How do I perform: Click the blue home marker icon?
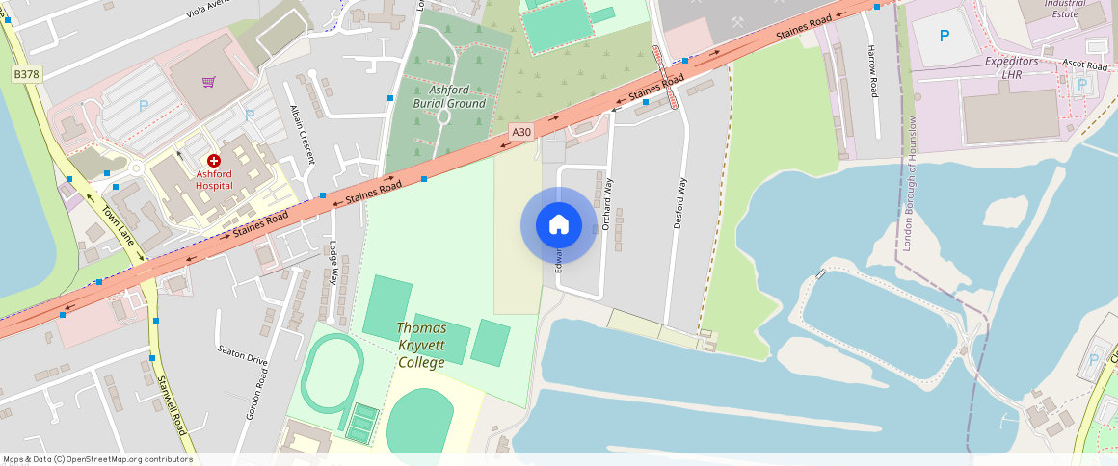pos(558,225)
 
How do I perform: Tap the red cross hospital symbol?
pos(213,161)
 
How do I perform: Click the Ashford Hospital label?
pos(214,180)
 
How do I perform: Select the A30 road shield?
pos(521,132)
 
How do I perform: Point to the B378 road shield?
pos(27,74)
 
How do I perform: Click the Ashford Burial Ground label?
pos(449,96)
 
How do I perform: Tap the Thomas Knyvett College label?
pos(421,346)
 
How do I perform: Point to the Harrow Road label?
pos(873,70)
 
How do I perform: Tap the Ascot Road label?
pos(1084,65)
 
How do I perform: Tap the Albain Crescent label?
pos(302,135)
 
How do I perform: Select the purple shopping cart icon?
pos(208,82)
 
